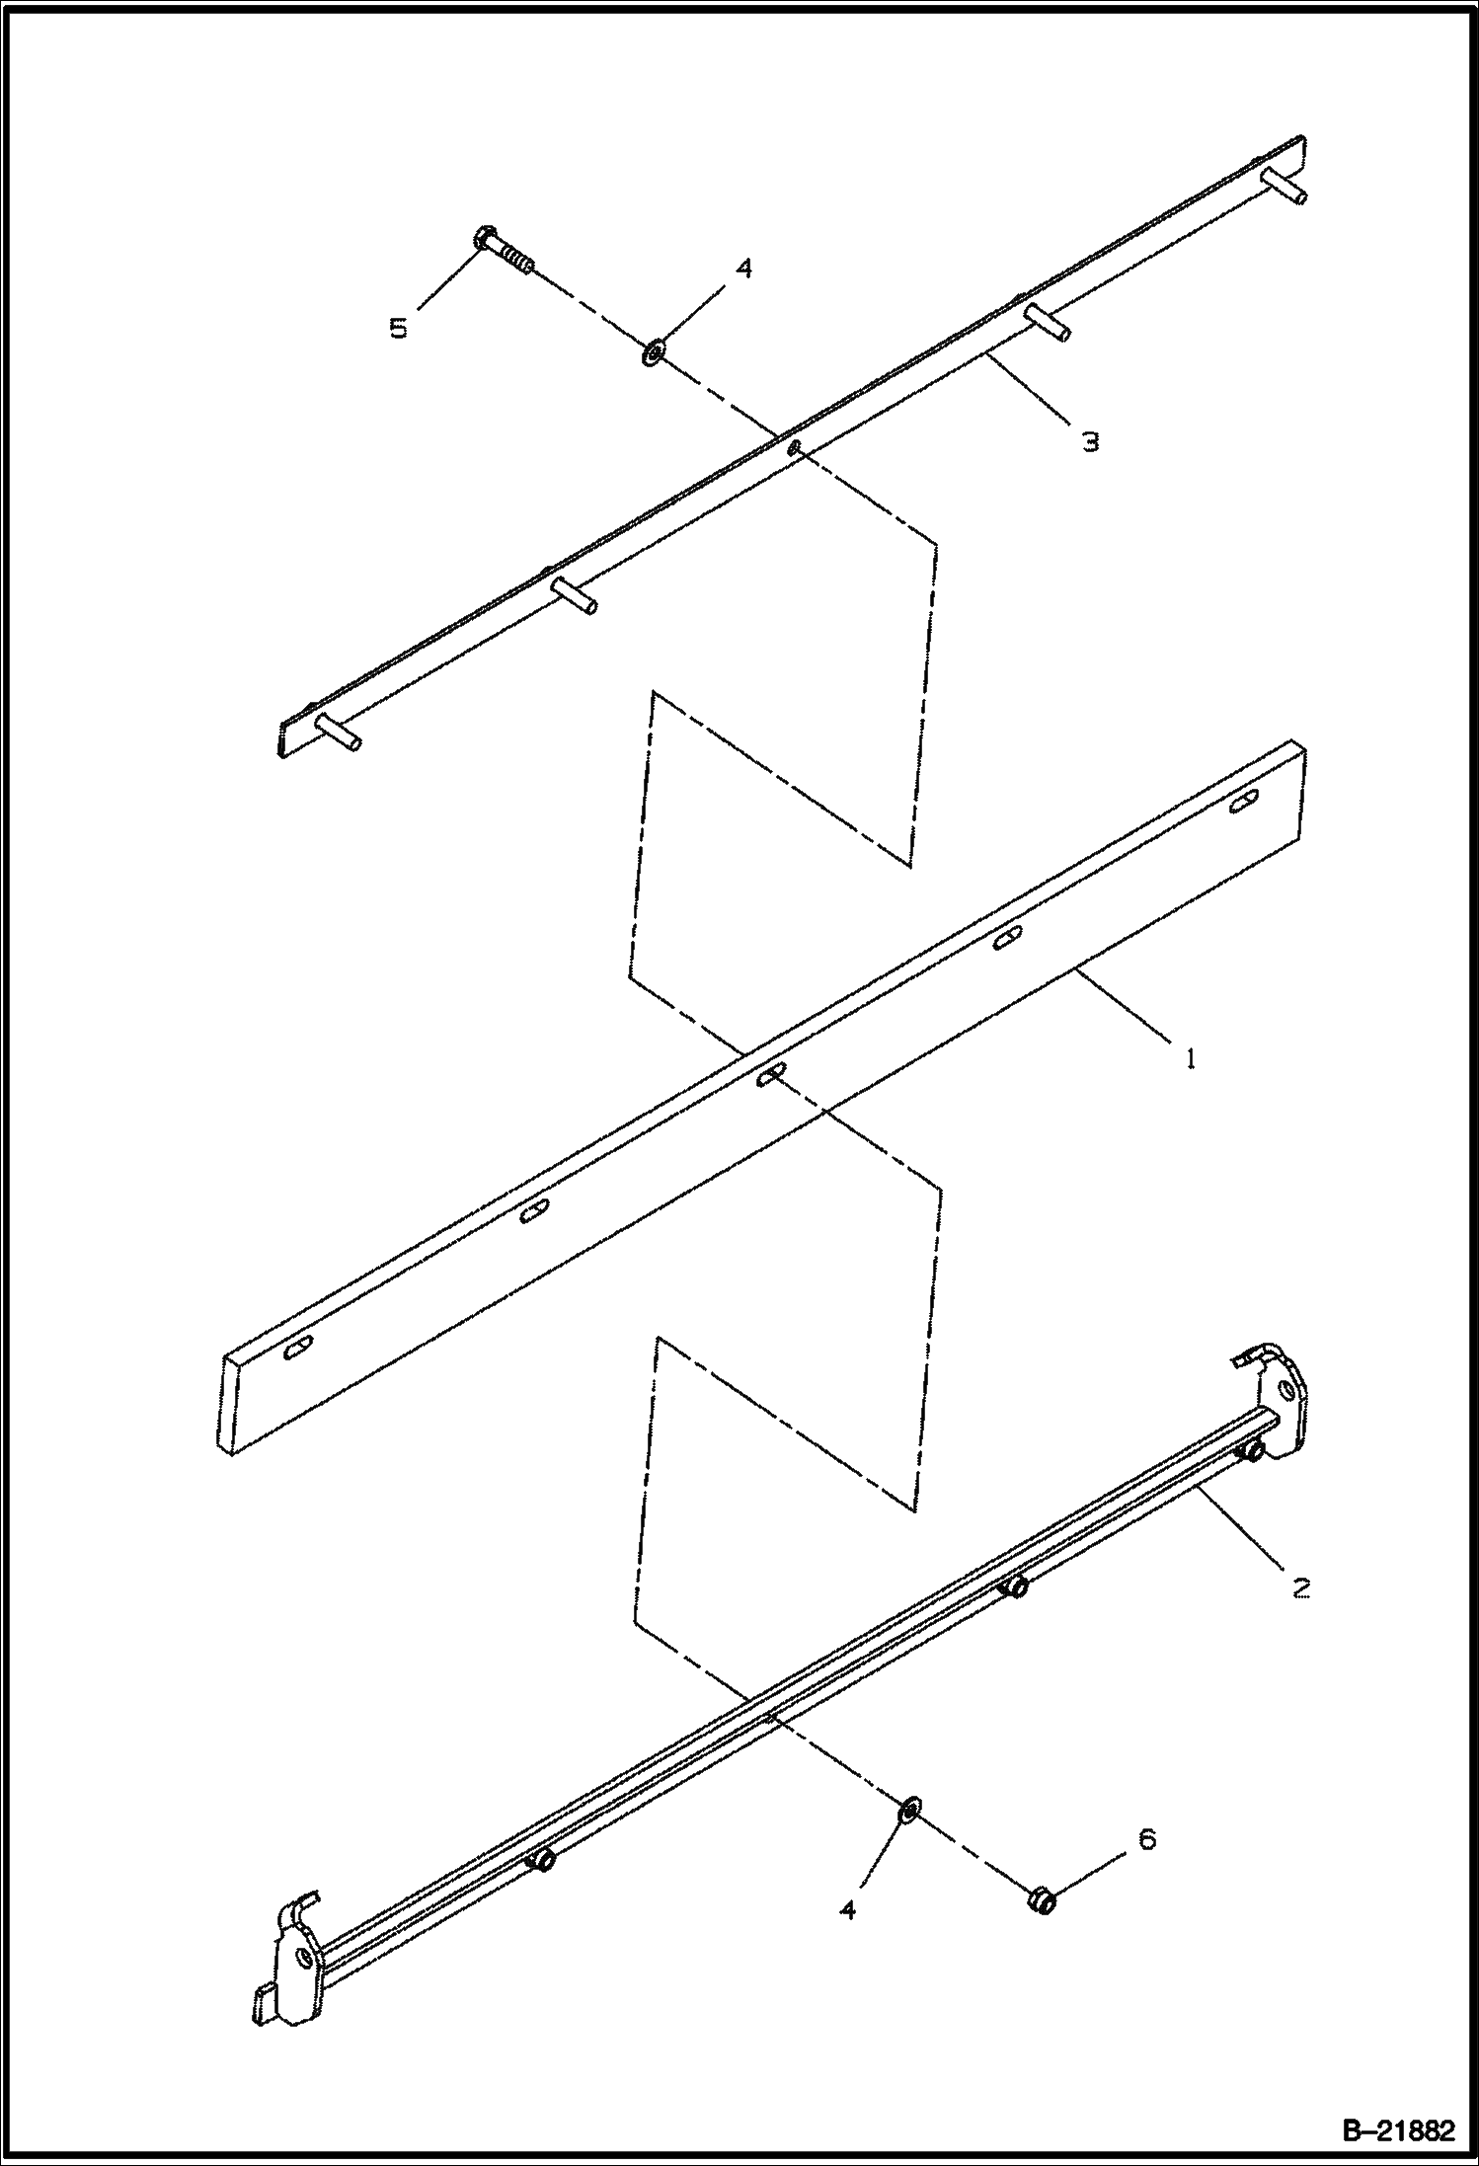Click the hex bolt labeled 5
pyautogui.click(x=505, y=252)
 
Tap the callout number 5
pyautogui.click(x=398, y=328)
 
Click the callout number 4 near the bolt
pyautogui.click(x=743, y=269)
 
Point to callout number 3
pyautogui.click(x=1090, y=441)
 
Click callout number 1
pyautogui.click(x=1191, y=1059)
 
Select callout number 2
pyautogui.click(x=1300, y=1588)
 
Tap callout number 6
pyautogui.click(x=1145, y=1838)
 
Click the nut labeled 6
pyautogui.click(x=1040, y=1898)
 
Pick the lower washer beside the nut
pyautogui.click(x=909, y=1809)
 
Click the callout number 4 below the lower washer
pyautogui.click(x=847, y=1910)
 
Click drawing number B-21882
pyautogui.click(x=1399, y=2129)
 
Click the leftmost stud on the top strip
pyautogui.click(x=337, y=732)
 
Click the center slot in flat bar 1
pyautogui.click(x=771, y=1075)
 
